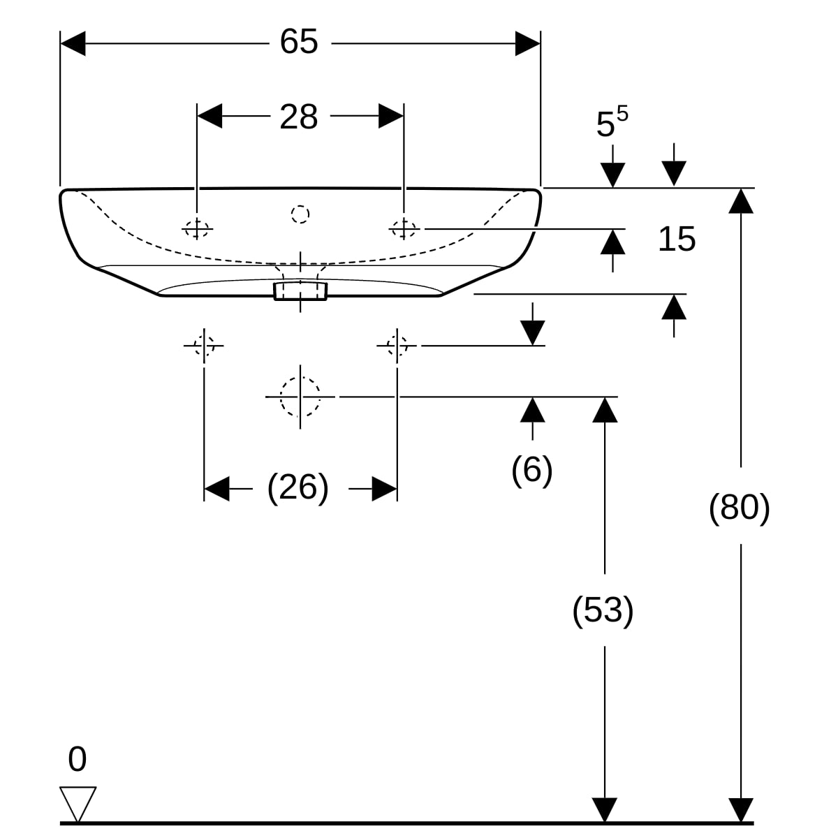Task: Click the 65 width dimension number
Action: (x=299, y=42)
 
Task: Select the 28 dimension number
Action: (x=299, y=117)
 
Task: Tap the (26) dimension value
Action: (x=298, y=488)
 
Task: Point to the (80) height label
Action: (x=740, y=507)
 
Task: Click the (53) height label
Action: (x=603, y=610)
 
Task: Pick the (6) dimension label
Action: (x=532, y=470)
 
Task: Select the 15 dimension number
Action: (x=677, y=239)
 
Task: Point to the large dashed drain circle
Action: (x=300, y=397)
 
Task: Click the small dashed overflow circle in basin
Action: (x=300, y=214)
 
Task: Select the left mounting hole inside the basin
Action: (x=197, y=228)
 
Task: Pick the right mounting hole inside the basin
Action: (x=404, y=228)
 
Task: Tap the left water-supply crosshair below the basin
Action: (x=204, y=346)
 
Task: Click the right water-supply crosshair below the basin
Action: (x=397, y=346)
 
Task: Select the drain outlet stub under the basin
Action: (x=300, y=291)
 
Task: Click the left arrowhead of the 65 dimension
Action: (x=73, y=43)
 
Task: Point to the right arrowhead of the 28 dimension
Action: (x=391, y=116)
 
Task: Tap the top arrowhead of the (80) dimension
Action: (x=741, y=201)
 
